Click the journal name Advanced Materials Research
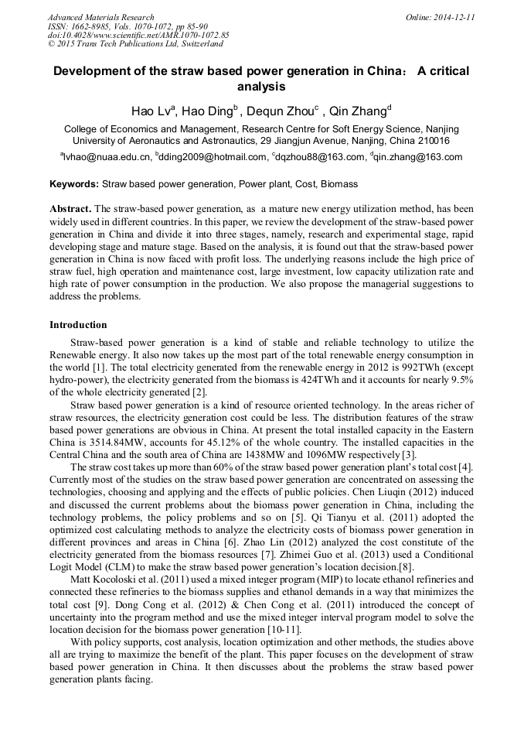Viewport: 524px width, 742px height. coord(100,17)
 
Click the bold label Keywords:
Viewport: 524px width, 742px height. coord(74,185)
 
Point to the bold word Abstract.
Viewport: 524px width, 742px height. coord(70,210)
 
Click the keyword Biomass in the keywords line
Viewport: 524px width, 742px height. coord(340,185)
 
